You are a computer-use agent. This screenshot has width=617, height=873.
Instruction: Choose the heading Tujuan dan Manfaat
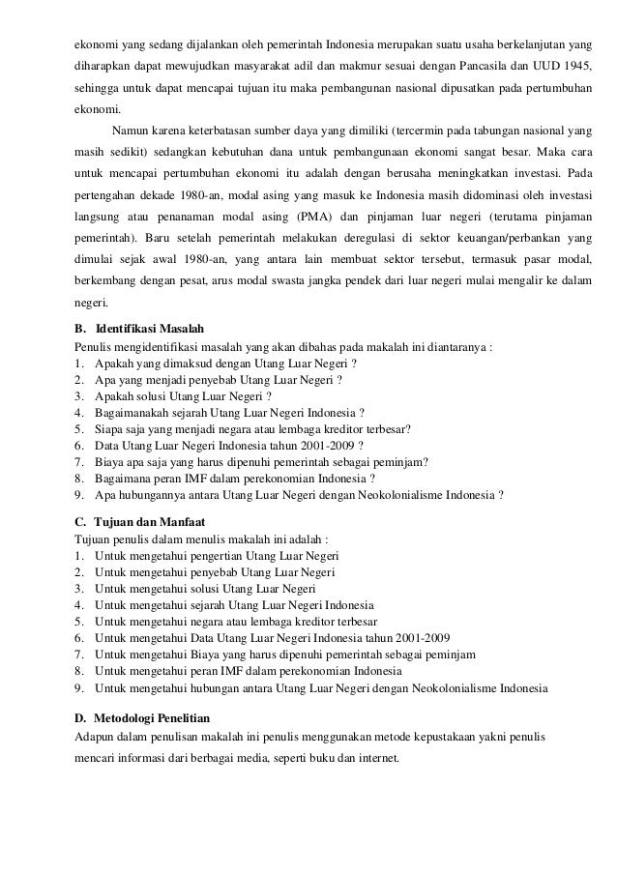(148, 521)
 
